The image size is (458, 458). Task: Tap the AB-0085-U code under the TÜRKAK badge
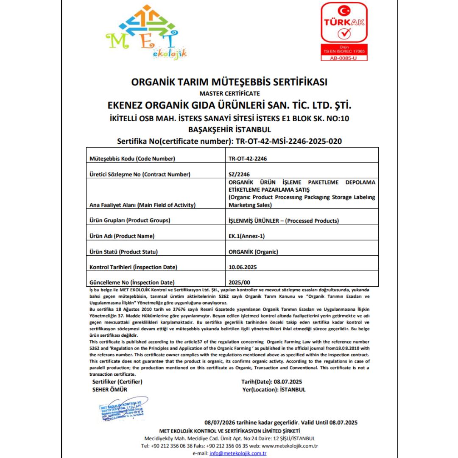pos(343,58)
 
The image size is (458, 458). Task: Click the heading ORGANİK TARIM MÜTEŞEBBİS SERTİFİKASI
pos(229,82)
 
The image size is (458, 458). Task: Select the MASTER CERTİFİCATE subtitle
pos(229,93)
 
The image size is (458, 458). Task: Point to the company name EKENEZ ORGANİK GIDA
pos(229,105)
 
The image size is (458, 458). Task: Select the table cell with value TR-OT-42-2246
pos(248,159)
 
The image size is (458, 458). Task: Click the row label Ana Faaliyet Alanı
pos(142,205)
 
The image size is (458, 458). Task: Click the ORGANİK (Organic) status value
pos(253,251)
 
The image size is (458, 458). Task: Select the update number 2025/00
pos(240,282)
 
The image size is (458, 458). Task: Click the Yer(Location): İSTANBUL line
pos(273,389)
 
